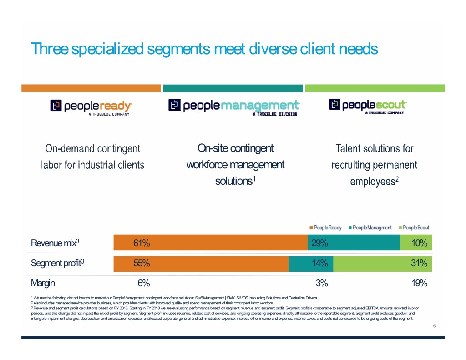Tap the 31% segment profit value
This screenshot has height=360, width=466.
coord(419,263)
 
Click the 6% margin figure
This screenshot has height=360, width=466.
coord(144,283)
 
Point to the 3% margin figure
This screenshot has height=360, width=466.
coord(322,283)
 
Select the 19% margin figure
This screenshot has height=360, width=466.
coord(419,283)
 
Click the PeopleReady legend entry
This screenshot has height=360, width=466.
coord(325,228)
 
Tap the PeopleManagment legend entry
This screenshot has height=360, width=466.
coord(370,228)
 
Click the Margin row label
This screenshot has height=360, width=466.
coord(43,283)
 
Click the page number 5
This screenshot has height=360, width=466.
coord(435,326)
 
